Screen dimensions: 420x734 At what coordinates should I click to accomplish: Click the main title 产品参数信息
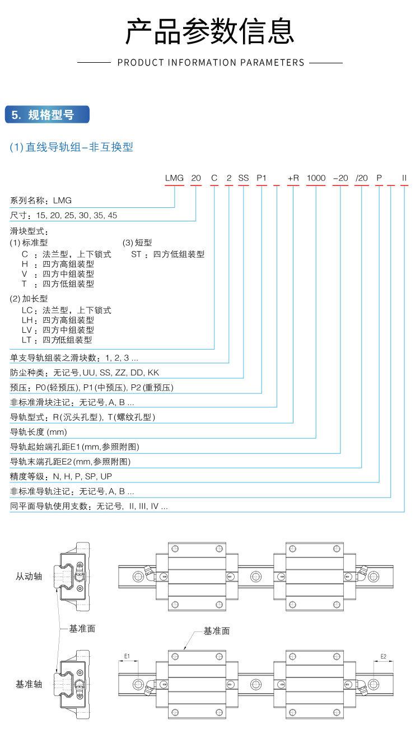coord(209,31)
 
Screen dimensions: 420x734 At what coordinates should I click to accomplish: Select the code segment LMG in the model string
coord(174,178)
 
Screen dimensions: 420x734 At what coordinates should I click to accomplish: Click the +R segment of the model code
coord(293,178)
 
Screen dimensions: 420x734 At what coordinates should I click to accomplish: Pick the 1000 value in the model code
coord(316,178)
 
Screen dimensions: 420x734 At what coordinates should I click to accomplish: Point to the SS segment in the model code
coord(243,178)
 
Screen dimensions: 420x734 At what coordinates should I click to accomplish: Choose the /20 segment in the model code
coord(362,178)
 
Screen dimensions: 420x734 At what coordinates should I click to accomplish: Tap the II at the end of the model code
coord(404,178)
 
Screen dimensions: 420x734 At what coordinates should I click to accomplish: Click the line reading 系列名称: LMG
coord(41,200)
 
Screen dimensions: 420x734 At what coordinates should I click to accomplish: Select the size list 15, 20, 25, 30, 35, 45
coord(76,215)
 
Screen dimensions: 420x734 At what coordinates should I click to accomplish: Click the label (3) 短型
coord(137,243)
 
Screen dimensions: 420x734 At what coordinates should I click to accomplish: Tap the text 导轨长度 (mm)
coord(39,431)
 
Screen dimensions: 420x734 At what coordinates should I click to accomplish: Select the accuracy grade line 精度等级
coord(61,476)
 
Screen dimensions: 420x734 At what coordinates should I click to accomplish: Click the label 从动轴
coord(29,575)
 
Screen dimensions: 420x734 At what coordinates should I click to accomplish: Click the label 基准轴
coord(29,684)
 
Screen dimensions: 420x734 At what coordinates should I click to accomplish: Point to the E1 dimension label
coord(127,656)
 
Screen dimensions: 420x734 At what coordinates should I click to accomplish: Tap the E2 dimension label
coord(383,656)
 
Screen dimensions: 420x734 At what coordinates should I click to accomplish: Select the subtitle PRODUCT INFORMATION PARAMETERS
coord(211,62)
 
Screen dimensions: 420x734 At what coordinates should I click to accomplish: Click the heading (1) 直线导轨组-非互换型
coord(71,147)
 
